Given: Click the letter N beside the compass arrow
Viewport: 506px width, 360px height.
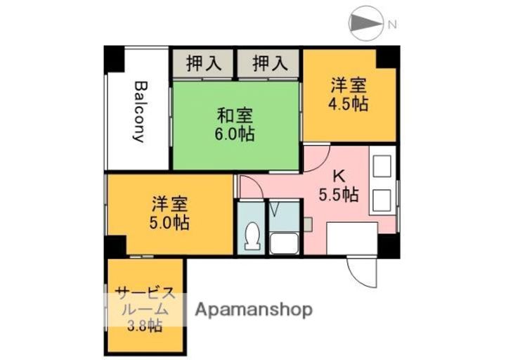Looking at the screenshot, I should click(392, 25).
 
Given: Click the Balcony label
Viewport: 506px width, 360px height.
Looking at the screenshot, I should click(138, 112).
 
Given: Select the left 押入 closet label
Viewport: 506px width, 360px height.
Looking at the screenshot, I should click(204, 64).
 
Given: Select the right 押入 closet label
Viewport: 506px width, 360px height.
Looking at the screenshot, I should click(270, 64).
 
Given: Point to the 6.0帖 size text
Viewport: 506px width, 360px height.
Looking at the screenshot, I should click(235, 133).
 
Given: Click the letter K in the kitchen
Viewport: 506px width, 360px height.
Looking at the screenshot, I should click(339, 176).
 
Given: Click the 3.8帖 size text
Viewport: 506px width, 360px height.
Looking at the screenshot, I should click(145, 326).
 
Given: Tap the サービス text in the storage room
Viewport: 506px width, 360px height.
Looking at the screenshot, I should click(145, 292).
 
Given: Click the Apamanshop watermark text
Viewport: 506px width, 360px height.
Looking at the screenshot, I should click(253, 309).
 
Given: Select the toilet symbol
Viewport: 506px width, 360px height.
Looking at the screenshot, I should click(252, 238).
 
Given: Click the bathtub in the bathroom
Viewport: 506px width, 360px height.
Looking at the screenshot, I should click(284, 243).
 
